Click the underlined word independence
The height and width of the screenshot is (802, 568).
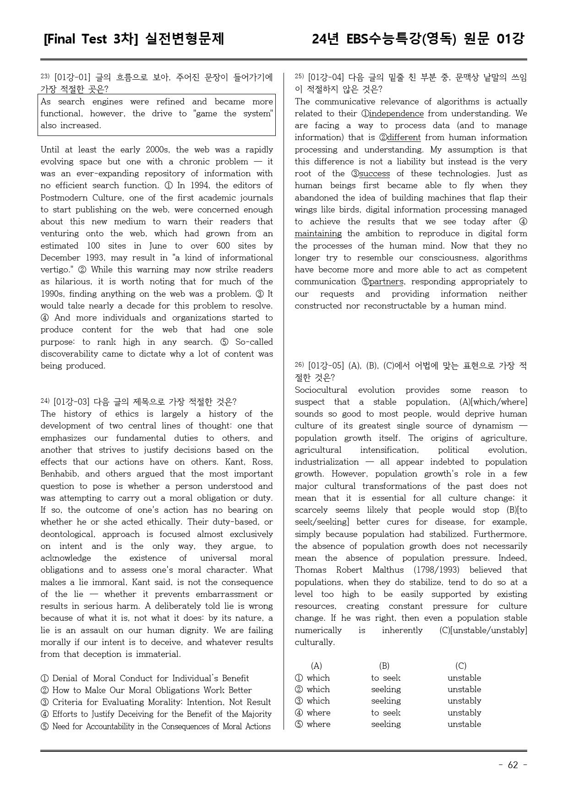tap(396, 114)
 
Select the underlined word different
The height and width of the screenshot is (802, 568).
tap(404, 137)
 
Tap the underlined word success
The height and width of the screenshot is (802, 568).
tap(374, 173)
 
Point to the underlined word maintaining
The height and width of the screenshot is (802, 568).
tap(318, 233)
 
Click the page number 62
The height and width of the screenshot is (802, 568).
tap(513, 765)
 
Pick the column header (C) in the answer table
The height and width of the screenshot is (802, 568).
tap(461, 666)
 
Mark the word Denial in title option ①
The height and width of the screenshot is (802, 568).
tap(66, 678)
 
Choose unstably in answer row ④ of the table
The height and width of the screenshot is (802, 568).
tap(464, 713)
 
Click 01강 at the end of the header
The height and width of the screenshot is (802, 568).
tap(510, 39)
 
